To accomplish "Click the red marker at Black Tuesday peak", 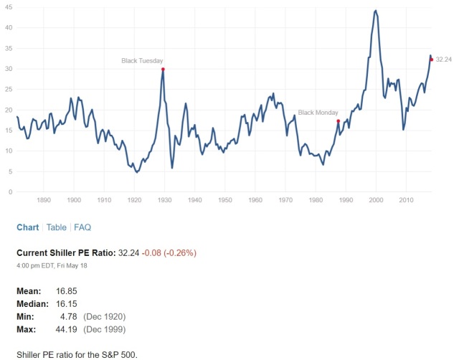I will click(x=164, y=70).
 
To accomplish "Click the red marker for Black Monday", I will click(x=338, y=121).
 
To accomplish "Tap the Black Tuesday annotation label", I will click(x=142, y=61).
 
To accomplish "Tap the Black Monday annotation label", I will click(x=318, y=113).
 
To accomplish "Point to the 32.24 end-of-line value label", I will click(x=443, y=60).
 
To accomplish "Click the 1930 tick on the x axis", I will click(x=164, y=200).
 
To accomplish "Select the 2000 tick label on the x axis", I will click(x=376, y=200).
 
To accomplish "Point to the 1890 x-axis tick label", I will click(x=44, y=200).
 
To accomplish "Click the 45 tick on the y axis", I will click(x=9, y=6).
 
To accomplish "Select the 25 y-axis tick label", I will click(x=9, y=89).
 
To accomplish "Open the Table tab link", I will click(x=57, y=227).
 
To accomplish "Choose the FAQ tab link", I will click(x=82, y=227).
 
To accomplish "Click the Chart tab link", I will click(x=28, y=227).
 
